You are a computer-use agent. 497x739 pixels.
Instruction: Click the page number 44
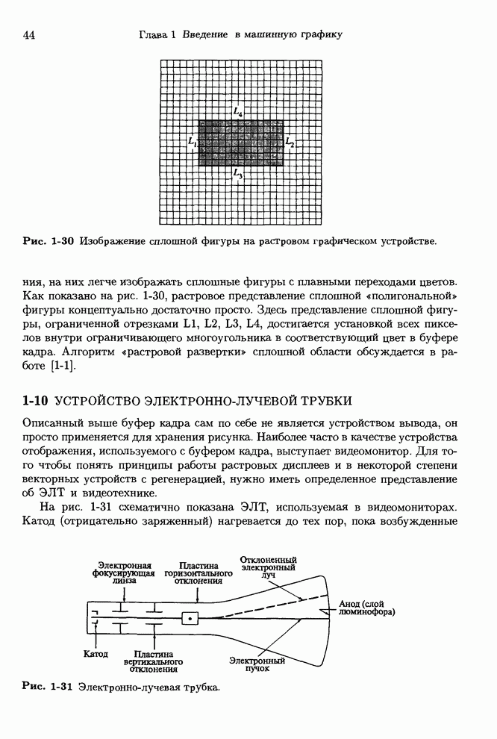pos(31,34)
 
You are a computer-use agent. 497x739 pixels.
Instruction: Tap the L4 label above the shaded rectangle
pos(237,112)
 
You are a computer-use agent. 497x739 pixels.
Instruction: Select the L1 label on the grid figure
pos(192,141)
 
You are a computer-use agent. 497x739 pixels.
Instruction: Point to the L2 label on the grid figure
pos(290,143)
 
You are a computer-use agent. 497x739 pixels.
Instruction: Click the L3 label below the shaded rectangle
pos(237,174)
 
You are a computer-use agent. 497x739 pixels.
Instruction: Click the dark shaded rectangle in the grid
pos(240,143)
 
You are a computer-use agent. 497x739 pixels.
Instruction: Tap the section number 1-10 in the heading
pos(37,401)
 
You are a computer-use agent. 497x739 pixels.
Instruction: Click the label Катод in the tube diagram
pos(95,655)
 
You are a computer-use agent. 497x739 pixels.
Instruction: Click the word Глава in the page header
pos(154,34)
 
